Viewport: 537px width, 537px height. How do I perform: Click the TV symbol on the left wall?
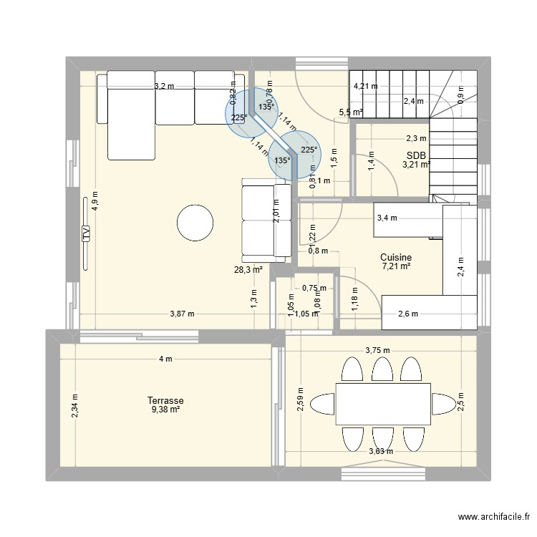[x=86, y=233]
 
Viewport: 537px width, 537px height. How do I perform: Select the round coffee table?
[x=196, y=223]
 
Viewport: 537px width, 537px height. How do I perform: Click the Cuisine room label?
[x=396, y=257]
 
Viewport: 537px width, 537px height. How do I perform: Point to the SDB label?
[x=415, y=155]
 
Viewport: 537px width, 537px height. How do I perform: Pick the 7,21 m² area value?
[x=396, y=266]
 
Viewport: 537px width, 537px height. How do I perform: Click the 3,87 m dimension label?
[x=183, y=314]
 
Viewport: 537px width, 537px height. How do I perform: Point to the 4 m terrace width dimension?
[x=165, y=359]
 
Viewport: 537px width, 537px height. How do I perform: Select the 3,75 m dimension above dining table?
[x=377, y=350]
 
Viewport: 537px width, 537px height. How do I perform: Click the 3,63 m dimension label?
[x=381, y=450]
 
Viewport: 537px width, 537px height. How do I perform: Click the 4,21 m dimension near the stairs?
[x=364, y=87]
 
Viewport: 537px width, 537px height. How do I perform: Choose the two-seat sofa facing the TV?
[x=265, y=221]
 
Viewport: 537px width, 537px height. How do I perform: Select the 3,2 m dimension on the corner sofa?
[x=164, y=87]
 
